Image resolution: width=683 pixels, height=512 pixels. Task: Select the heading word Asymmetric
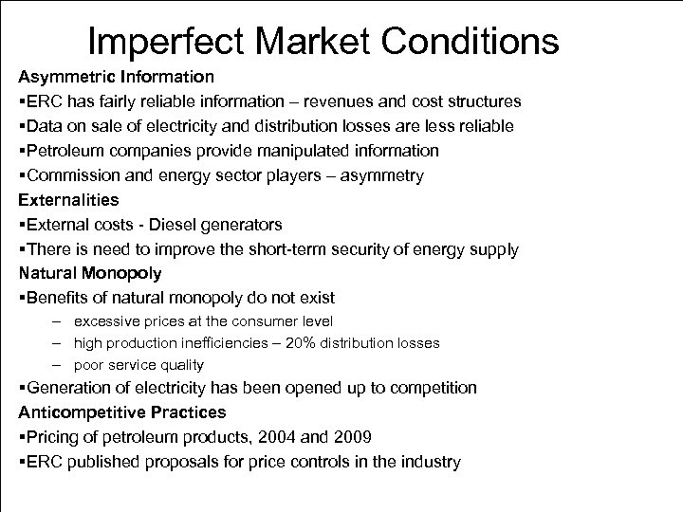65,75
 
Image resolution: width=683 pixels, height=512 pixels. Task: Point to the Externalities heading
68,200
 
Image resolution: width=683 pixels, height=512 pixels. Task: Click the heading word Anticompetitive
83,412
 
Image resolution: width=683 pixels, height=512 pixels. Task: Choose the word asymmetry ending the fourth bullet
381,175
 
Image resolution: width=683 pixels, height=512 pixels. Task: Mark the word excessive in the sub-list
106,322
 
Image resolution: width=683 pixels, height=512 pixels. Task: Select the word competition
433,388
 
